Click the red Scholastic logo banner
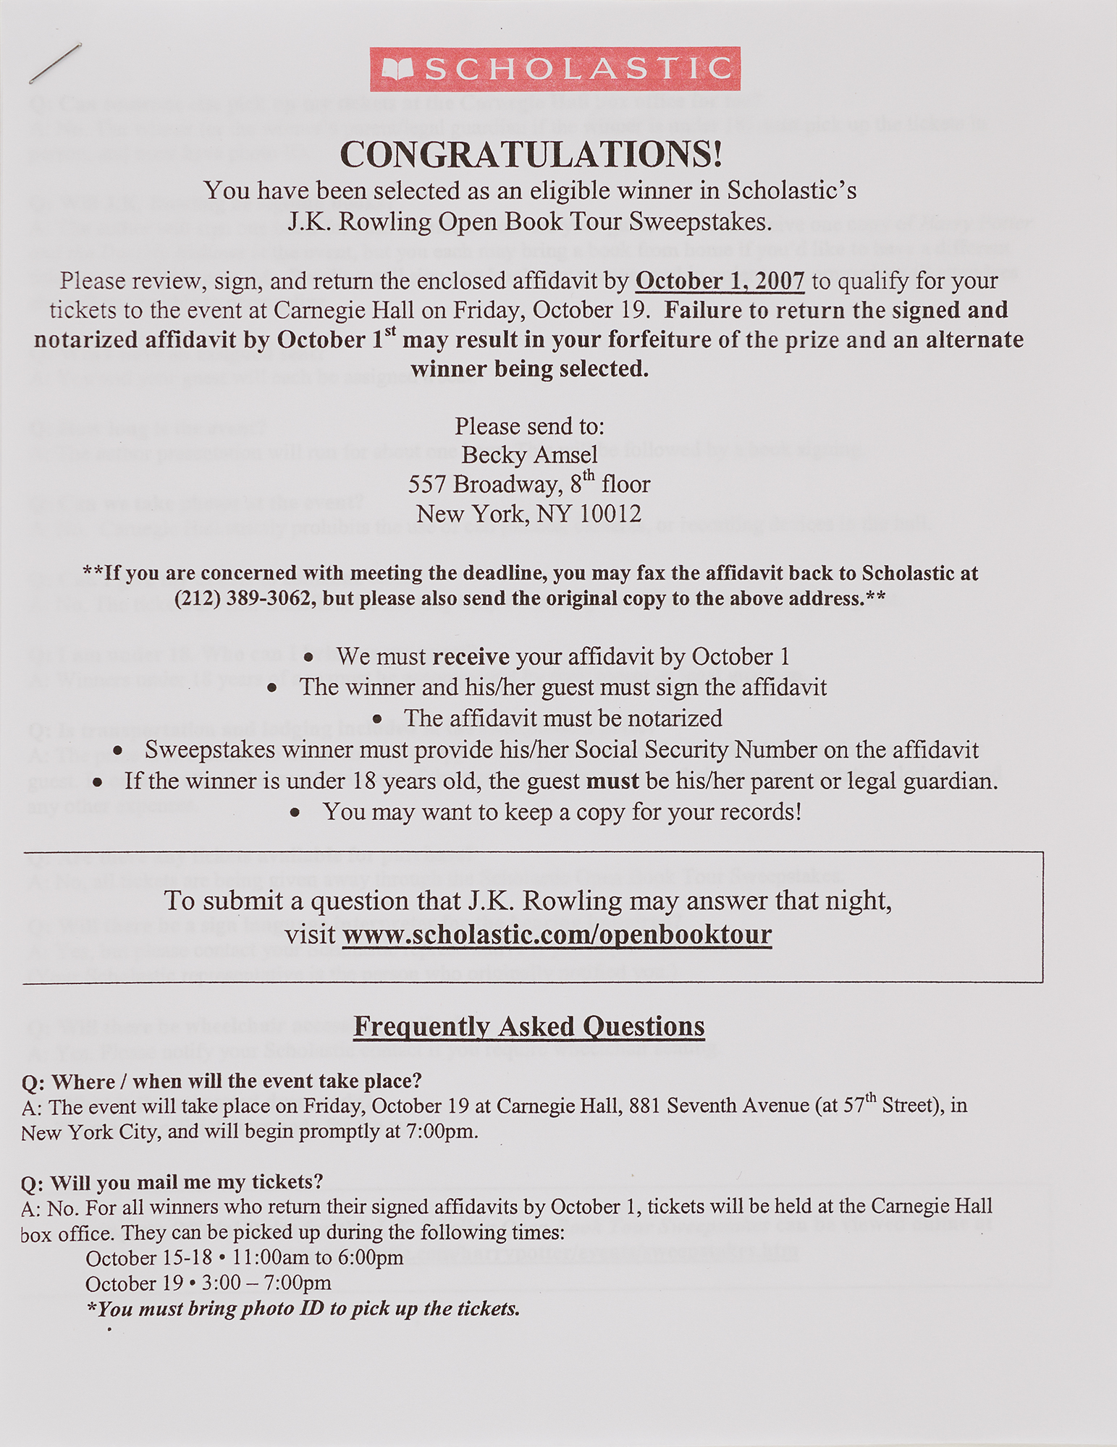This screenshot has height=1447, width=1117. (x=555, y=69)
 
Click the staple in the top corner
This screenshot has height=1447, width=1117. (x=55, y=63)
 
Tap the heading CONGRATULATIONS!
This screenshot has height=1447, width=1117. (x=531, y=154)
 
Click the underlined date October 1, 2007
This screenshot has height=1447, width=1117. (x=720, y=281)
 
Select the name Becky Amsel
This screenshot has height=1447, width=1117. (x=529, y=455)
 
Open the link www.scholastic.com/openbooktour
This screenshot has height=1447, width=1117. (x=557, y=934)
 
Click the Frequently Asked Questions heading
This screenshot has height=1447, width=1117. (x=528, y=1026)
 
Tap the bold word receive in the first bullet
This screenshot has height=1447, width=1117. (x=471, y=657)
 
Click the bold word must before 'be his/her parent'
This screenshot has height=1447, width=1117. (x=612, y=781)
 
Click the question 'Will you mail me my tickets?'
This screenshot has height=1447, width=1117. (x=172, y=1182)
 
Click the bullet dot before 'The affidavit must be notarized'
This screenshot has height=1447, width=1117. (x=377, y=719)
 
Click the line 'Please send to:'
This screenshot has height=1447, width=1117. (x=529, y=426)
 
